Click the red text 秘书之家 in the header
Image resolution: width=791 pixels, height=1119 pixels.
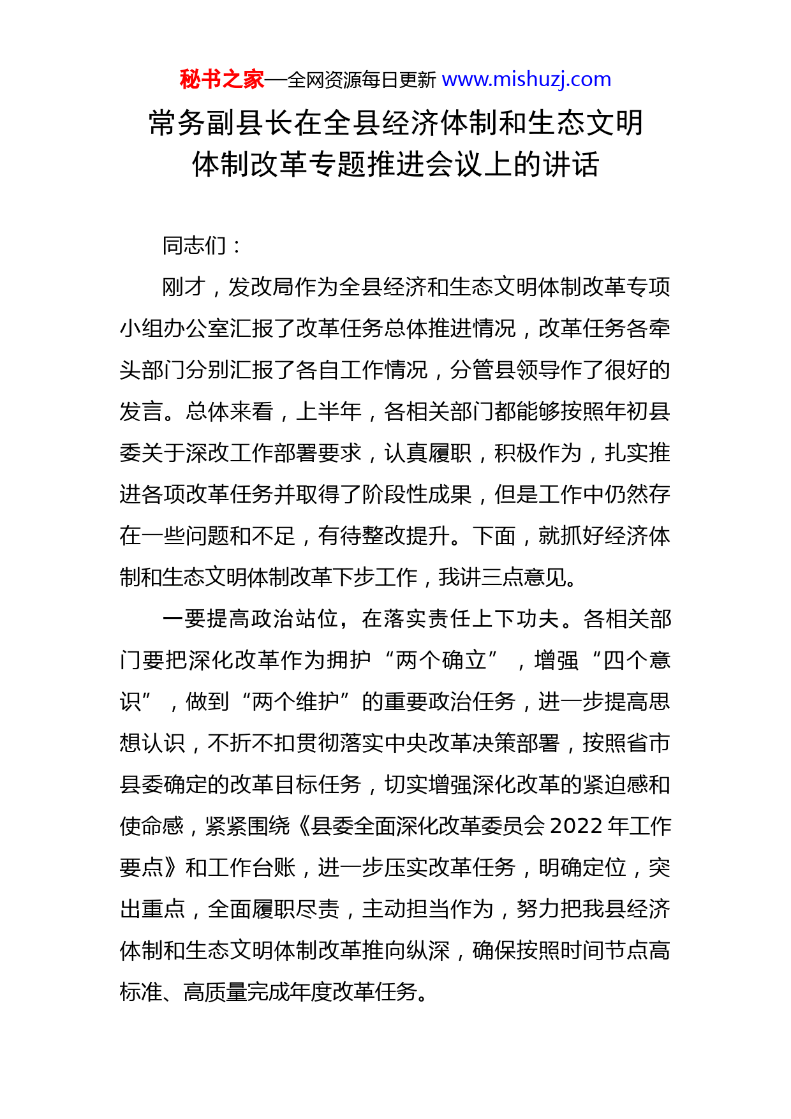[221, 80]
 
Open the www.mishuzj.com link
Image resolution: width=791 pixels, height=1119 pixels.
[526, 80]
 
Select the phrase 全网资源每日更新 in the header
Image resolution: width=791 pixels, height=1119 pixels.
[362, 80]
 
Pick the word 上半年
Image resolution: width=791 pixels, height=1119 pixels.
[329, 411]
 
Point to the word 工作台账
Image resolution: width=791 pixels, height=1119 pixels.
[252, 868]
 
